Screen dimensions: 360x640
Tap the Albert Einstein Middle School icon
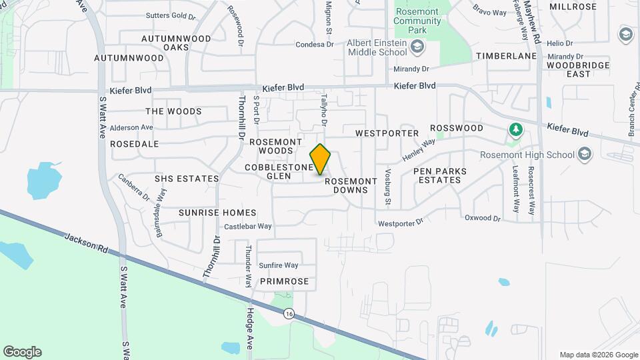pyautogui.click(x=417, y=47)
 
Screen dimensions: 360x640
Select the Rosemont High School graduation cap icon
pyautogui.click(x=585, y=155)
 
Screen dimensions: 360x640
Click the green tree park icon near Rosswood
pyautogui.click(x=514, y=129)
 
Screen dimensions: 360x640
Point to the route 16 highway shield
pyautogui.click(x=288, y=313)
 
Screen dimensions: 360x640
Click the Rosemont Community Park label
pyautogui.click(x=417, y=16)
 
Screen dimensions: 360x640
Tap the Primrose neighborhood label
pyautogui.click(x=285, y=281)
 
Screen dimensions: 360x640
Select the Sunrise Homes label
pyautogui.click(x=217, y=213)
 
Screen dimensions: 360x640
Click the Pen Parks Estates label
pyautogui.click(x=440, y=175)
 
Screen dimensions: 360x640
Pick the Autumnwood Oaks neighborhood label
pyautogui.click(x=177, y=43)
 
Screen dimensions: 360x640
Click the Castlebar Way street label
pyautogui.click(x=247, y=227)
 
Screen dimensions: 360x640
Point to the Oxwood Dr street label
pyautogui.click(x=482, y=218)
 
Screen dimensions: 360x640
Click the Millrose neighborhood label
pyautogui.click(x=573, y=7)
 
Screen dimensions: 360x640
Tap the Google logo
pyautogui.click(x=22, y=352)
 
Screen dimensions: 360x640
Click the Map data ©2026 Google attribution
pyautogui.click(x=599, y=355)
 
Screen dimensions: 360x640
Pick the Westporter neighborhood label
pyautogui.click(x=387, y=133)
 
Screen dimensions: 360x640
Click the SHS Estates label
pyautogui.click(x=187, y=179)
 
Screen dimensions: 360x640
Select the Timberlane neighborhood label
pyautogui.click(x=506, y=57)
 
